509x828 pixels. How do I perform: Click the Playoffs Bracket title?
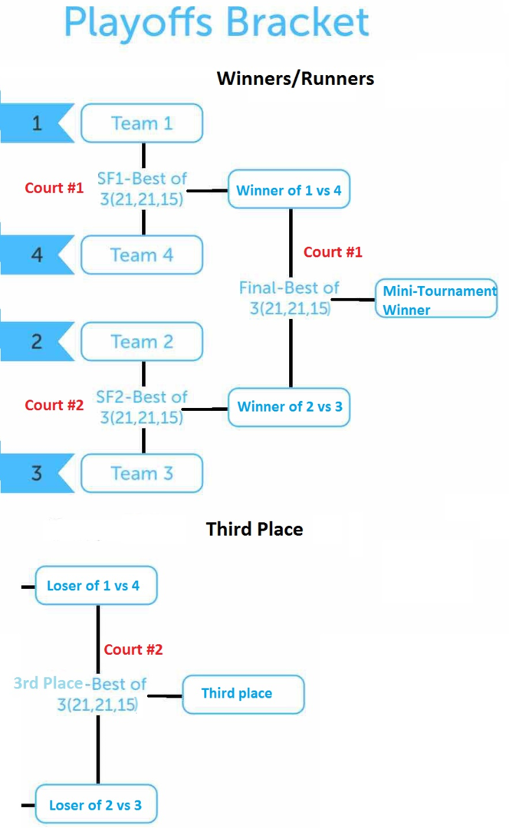pyautogui.click(x=217, y=23)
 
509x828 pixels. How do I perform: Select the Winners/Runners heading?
pyautogui.click(x=295, y=78)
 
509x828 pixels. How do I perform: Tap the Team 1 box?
pyautogui.click(x=142, y=123)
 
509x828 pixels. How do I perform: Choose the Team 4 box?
pyautogui.click(x=142, y=255)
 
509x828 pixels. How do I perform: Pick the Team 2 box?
pyautogui.click(x=142, y=342)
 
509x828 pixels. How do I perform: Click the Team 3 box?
pyautogui.click(x=142, y=473)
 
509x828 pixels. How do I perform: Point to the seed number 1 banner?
pyautogui.click(x=36, y=123)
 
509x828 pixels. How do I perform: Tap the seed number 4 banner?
pyautogui.click(x=36, y=255)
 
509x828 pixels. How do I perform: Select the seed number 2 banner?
pyautogui.click(x=36, y=342)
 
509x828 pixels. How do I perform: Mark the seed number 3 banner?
pyautogui.click(x=36, y=473)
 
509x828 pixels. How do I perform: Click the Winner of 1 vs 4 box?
pyautogui.click(x=289, y=190)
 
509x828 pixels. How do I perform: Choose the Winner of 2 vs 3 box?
pyautogui.click(x=289, y=407)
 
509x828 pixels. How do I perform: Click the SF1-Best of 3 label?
pyautogui.click(x=141, y=189)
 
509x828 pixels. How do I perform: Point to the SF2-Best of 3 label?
pyautogui.click(x=141, y=407)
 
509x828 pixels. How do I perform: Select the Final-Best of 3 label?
pyautogui.click(x=289, y=297)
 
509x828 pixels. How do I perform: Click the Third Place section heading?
pyautogui.click(x=254, y=529)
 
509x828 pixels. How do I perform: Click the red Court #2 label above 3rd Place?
pyautogui.click(x=133, y=649)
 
